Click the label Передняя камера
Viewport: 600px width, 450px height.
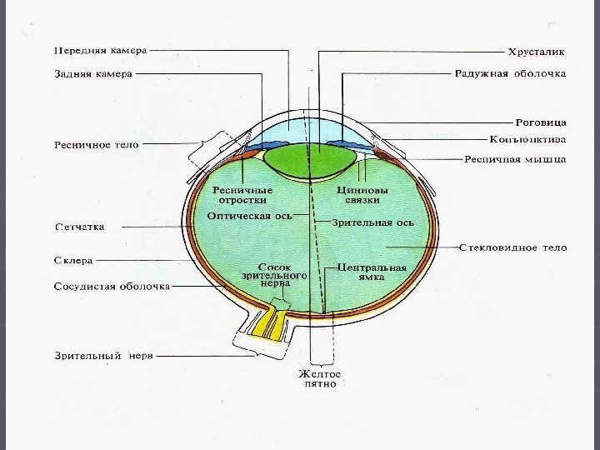click(x=100, y=50)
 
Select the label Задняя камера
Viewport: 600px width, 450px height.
click(x=93, y=73)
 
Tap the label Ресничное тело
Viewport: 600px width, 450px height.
click(x=97, y=144)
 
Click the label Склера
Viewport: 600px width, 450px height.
click(x=73, y=261)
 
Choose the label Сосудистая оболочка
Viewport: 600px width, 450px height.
click(x=112, y=286)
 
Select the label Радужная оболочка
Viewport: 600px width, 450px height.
click(x=510, y=73)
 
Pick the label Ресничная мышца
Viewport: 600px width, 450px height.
click(x=515, y=158)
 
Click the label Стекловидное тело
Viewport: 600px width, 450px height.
click(x=512, y=247)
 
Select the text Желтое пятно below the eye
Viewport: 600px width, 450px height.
click(x=319, y=379)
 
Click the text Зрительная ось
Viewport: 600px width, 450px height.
click(x=372, y=222)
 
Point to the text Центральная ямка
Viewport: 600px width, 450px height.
click(x=372, y=272)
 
